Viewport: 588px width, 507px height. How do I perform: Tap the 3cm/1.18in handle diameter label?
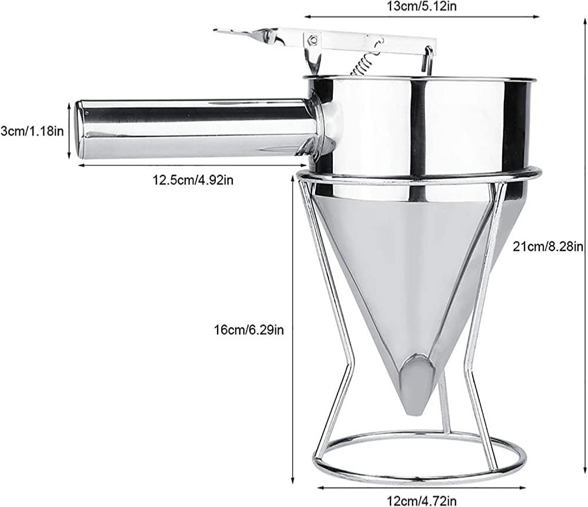[32, 131]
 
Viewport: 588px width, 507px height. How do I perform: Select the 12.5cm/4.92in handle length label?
[193, 180]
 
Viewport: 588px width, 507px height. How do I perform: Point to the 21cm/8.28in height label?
[548, 246]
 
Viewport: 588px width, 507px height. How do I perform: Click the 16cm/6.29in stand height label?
[249, 330]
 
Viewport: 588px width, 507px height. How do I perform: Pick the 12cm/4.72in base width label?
[422, 501]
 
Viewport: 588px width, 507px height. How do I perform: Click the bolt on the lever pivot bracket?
[312, 39]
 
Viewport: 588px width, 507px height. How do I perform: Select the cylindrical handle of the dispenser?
[195, 128]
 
